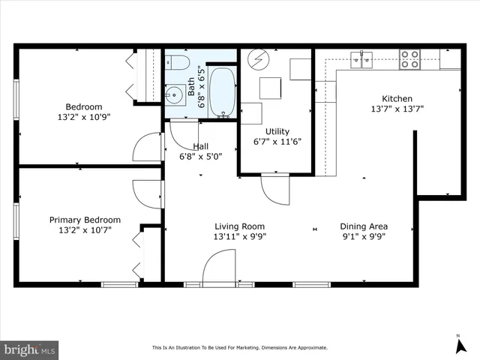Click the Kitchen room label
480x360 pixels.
tap(397, 98)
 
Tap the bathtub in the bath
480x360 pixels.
tap(221, 92)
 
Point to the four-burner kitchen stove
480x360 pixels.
tap(409, 59)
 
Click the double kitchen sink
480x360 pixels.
tap(362, 59)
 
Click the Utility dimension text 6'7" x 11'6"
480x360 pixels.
tap(272, 142)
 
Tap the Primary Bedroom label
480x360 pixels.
tap(85, 220)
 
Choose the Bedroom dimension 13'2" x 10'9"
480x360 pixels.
tap(84, 118)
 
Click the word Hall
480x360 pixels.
tap(200, 146)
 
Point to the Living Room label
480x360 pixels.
tap(239, 226)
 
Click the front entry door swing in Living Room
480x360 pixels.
tap(218, 267)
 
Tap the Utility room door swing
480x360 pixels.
tap(274, 189)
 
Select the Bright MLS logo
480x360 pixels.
tap(30, 349)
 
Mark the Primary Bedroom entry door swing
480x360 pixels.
tap(148, 193)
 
